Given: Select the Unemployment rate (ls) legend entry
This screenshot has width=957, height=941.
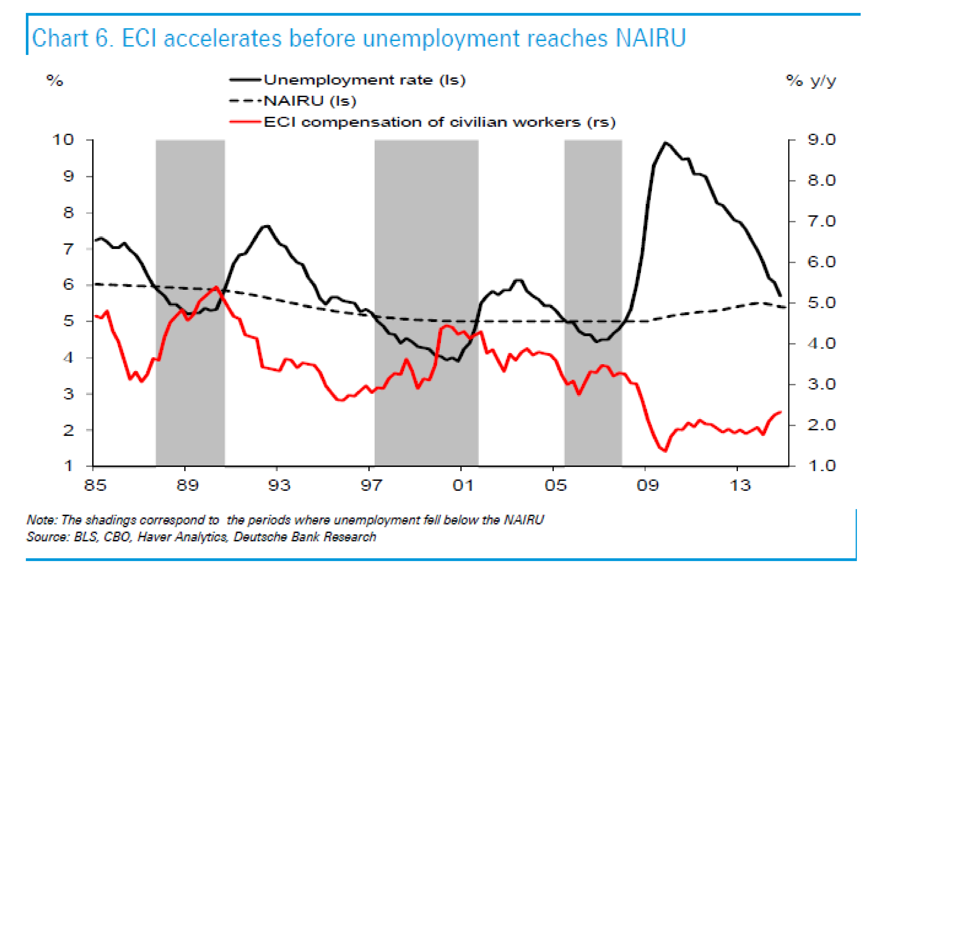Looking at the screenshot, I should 364,80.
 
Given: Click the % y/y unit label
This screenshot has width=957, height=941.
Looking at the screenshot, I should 811,81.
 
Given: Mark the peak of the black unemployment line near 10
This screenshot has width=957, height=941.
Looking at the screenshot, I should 665,143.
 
